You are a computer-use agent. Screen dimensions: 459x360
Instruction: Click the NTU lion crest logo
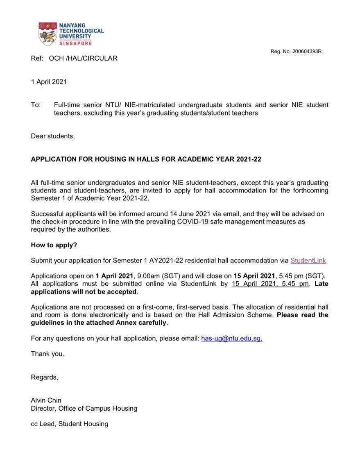coord(48,34)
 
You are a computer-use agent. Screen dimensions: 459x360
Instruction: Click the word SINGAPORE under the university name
coord(75,43)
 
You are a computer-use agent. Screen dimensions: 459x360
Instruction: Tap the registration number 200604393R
coord(307,52)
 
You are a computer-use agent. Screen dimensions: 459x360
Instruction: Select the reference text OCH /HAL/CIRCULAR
coord(83,58)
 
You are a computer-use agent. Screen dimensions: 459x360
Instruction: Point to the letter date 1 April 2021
coord(49,81)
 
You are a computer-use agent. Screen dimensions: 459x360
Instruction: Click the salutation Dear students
coord(53,136)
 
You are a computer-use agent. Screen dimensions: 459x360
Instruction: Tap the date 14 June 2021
coord(190,214)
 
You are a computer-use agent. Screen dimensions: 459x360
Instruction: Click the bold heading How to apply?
coord(54,245)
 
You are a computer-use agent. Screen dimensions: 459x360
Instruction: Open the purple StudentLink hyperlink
coord(308,260)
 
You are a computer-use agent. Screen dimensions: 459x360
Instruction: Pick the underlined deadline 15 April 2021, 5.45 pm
coord(270,284)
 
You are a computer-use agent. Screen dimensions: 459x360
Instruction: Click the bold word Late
coord(321,284)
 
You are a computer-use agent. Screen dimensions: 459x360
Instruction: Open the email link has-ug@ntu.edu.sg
coord(231,338)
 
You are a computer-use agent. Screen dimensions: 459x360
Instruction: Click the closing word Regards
coord(45,377)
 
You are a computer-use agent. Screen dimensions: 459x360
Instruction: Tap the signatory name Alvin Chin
coord(46,400)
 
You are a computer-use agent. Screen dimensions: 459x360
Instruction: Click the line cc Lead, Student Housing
coord(70,424)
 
